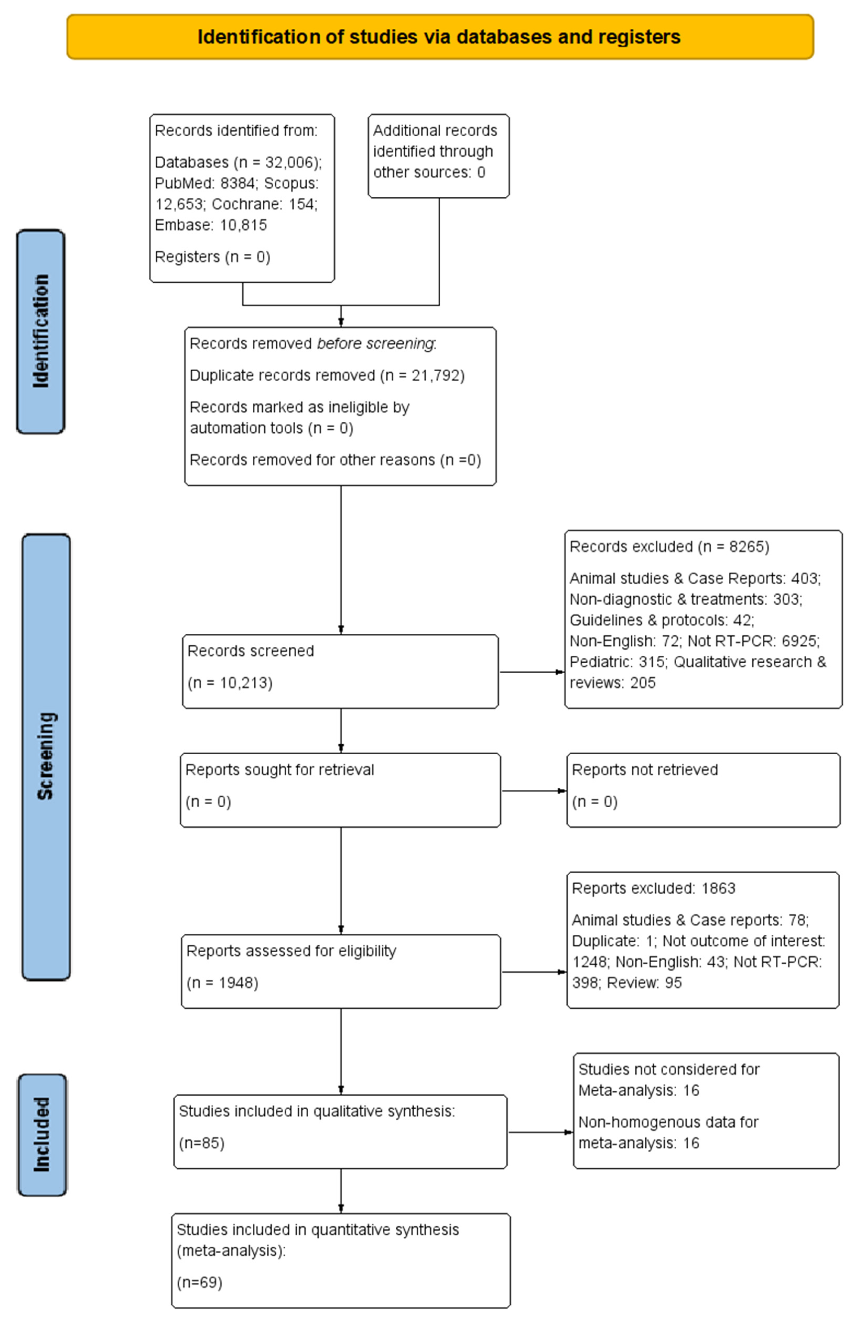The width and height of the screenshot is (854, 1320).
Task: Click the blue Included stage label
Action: (42, 1135)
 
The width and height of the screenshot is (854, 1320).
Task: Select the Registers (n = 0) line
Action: (212, 257)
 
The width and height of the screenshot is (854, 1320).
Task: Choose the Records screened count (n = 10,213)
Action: (230, 683)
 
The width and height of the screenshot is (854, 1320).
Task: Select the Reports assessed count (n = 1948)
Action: (222, 983)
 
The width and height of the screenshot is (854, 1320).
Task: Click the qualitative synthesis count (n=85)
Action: (202, 1143)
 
